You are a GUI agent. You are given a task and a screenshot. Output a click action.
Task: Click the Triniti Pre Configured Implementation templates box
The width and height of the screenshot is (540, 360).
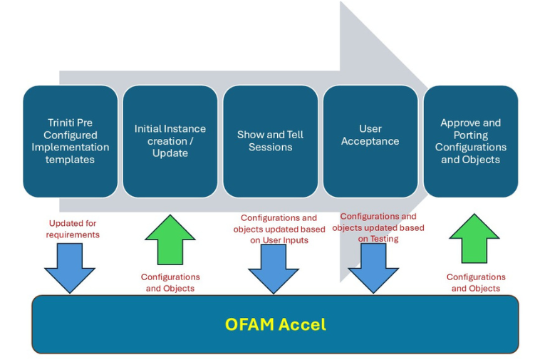point(71,141)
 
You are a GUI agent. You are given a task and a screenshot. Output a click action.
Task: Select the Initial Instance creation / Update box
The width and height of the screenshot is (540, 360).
point(170,141)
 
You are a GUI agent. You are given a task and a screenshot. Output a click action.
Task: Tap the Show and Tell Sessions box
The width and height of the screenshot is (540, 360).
point(270,141)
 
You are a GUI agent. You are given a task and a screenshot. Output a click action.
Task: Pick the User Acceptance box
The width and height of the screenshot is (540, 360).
point(370,141)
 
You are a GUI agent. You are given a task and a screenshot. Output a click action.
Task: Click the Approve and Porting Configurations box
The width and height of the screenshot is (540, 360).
point(471,141)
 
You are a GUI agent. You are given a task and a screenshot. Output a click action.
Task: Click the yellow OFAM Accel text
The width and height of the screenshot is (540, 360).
point(276,324)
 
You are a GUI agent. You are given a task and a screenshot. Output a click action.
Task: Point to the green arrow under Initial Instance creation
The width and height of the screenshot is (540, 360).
point(170,240)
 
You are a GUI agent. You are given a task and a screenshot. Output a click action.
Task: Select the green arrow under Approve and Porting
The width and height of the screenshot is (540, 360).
point(474,238)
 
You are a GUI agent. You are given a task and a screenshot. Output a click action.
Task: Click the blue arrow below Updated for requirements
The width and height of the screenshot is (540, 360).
point(70,268)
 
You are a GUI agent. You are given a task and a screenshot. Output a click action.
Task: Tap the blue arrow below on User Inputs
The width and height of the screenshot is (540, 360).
point(274,269)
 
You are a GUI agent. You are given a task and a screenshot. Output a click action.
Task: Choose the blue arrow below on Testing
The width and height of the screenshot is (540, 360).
point(373,268)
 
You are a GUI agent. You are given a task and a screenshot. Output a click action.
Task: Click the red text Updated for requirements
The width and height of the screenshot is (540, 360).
point(73,229)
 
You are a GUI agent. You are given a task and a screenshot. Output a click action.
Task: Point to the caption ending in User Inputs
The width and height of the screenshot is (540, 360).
point(279,229)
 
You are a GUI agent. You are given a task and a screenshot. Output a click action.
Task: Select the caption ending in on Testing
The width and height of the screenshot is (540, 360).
point(378,227)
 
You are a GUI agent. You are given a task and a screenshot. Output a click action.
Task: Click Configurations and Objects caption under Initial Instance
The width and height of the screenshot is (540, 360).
point(170,282)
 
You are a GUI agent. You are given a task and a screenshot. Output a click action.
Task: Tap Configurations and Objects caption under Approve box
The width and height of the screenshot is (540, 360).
point(476,282)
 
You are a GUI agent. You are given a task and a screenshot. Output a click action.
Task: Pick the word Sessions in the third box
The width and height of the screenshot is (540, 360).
point(270,148)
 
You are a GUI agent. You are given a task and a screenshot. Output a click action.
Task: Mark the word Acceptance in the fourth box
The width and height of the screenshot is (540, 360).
point(370,141)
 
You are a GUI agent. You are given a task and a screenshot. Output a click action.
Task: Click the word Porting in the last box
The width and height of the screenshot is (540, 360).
point(471,135)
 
